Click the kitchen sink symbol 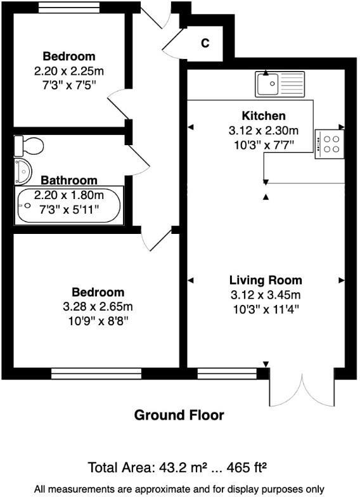280,83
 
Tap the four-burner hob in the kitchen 330,144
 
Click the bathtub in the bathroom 68,206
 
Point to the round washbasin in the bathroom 23,170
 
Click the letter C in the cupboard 205,43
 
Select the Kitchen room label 264,116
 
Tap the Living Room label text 266,280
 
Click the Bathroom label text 69,180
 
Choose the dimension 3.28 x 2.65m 97,306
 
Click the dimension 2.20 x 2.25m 69,70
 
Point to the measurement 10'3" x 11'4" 265,309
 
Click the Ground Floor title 179,415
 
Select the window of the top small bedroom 69,8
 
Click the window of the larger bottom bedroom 96,373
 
